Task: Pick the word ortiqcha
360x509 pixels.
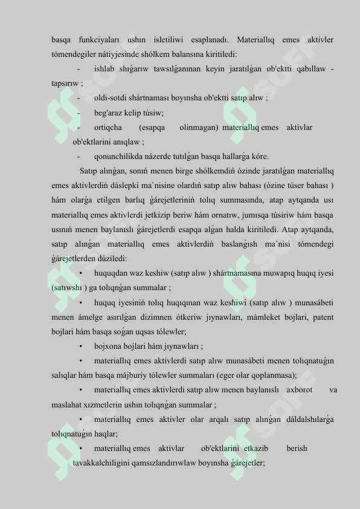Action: pos(108,128)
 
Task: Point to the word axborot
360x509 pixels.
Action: pos(300,390)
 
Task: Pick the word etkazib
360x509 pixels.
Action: pos(257,449)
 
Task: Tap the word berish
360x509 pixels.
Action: pos(297,449)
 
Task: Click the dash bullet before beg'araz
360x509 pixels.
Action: pos(79,112)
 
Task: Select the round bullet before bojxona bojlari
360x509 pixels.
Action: pos(80,346)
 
